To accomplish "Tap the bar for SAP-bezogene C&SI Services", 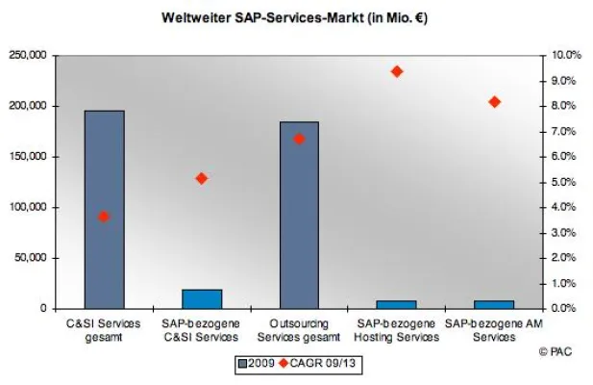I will (202, 298).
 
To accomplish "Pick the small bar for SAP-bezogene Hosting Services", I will (396, 304).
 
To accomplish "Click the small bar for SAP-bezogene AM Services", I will (494, 304).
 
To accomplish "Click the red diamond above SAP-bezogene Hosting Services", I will (396, 71).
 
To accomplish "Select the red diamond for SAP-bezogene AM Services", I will (494, 102).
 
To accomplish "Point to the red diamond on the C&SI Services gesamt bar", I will (104, 217).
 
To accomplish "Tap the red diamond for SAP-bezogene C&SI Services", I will (202, 178).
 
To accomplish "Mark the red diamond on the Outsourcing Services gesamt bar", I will (299, 139).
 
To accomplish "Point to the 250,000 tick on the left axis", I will (28, 56).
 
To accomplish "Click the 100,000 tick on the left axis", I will (28, 208).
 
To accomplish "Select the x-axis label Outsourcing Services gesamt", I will (299, 330).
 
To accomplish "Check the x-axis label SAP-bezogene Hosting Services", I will (396, 330).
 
